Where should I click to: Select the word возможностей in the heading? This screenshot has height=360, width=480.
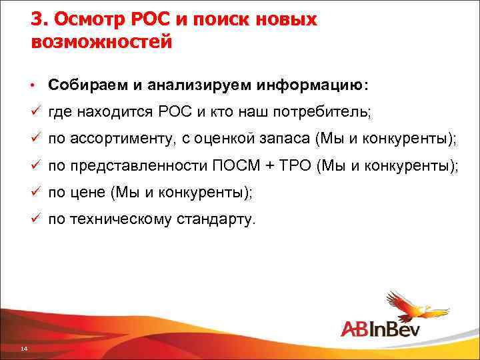pos(101,42)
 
